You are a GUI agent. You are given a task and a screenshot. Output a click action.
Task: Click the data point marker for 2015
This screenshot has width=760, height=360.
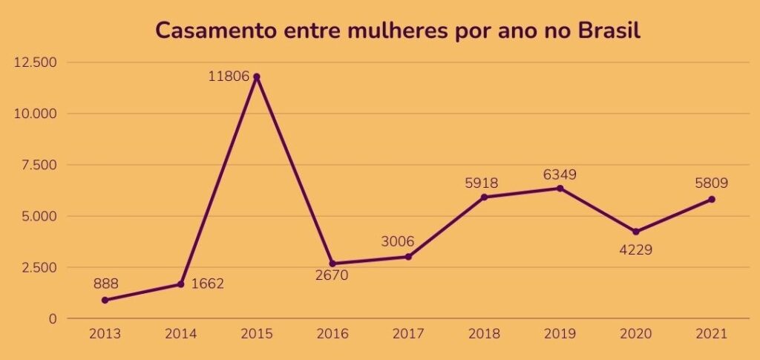coord(257,76)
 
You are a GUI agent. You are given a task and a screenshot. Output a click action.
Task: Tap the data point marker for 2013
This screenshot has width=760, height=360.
coord(105,300)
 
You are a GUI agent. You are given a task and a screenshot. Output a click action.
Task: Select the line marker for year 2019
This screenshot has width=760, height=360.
coord(560,189)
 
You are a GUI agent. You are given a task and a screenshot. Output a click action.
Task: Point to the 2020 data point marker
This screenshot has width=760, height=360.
coord(636,232)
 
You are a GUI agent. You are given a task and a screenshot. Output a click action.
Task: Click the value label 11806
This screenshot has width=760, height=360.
coord(229,76)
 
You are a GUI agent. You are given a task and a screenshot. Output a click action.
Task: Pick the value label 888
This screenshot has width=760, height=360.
coord(106,283)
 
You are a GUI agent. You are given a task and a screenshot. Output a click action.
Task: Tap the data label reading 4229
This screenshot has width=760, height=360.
coord(635,249)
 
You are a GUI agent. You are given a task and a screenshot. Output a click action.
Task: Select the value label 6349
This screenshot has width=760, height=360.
coord(560,174)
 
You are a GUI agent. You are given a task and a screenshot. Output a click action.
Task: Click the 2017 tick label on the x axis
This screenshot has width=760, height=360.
coord(408,333)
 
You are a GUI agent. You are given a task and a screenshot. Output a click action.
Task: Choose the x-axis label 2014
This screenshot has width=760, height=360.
coord(181,333)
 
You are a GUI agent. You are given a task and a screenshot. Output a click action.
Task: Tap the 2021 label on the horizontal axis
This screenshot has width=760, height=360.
coord(711,333)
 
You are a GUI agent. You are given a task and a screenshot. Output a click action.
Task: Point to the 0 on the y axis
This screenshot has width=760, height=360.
coord(52,318)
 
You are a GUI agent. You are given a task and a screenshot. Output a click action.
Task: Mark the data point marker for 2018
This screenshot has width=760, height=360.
coord(485,197)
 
